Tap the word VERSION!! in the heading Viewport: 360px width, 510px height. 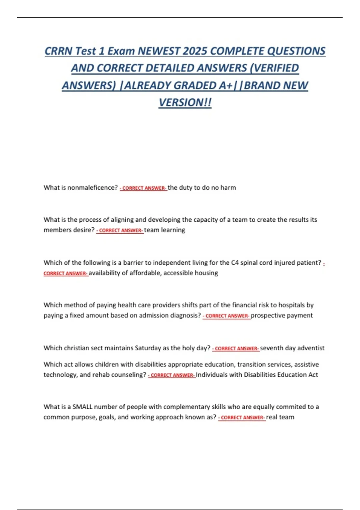(185, 103)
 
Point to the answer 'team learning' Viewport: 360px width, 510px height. (164, 230)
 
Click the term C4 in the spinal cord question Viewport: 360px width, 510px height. (235, 263)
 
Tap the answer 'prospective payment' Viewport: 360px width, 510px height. (282, 315)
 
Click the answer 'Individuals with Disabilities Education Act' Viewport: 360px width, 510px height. (257, 375)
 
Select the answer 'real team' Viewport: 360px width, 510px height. (280, 417)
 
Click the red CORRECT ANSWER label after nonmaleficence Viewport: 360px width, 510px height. (143, 188)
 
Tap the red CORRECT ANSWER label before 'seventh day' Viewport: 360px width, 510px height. (236, 349)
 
